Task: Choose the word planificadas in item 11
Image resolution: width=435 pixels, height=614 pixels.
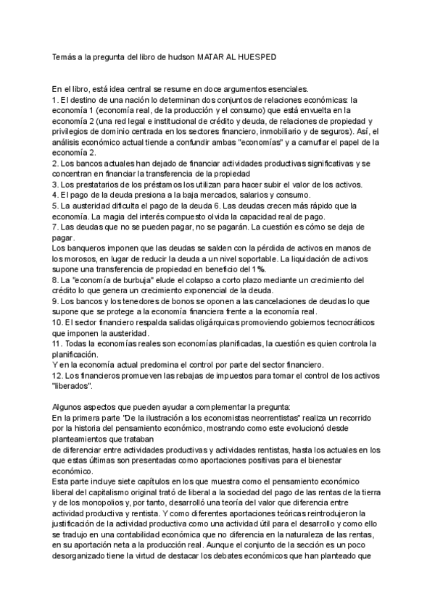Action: (220, 344)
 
